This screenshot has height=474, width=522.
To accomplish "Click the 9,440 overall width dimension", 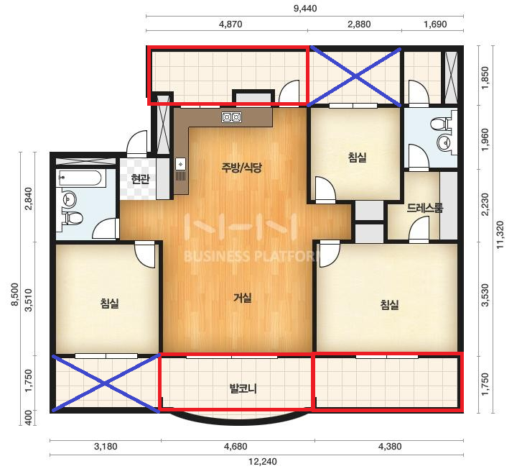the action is pyautogui.click(x=305, y=9).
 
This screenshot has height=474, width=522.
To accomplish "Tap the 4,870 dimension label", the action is pyautogui.click(x=230, y=24).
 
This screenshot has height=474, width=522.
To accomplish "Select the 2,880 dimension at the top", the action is pyautogui.click(x=359, y=24).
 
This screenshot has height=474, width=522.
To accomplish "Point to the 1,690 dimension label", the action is pyautogui.click(x=435, y=24).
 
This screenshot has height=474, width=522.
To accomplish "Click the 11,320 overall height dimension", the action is pyautogui.click(x=500, y=234).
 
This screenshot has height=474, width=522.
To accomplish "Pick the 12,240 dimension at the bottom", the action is pyautogui.click(x=263, y=462).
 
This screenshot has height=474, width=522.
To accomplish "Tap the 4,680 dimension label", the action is pyautogui.click(x=236, y=447).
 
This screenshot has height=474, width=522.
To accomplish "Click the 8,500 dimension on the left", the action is pyautogui.click(x=15, y=294).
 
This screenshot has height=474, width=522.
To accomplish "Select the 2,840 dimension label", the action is pyautogui.click(x=29, y=199).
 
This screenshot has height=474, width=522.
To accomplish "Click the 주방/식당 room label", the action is pyautogui.click(x=242, y=167).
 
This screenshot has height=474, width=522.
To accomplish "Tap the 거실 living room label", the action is pyautogui.click(x=243, y=297).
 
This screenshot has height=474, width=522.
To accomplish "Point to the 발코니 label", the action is pyautogui.click(x=243, y=388).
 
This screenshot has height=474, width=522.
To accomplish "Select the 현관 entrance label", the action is pyautogui.click(x=140, y=179).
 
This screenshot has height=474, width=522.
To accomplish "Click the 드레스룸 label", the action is pyautogui.click(x=425, y=208).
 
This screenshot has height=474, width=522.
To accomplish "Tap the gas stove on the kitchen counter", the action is pyautogui.click(x=232, y=117).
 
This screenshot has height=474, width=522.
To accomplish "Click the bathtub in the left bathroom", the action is pyautogui.click(x=80, y=178).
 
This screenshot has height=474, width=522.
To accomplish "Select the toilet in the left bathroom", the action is pyautogui.click(x=73, y=219).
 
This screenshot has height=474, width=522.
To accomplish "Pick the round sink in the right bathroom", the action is pyautogui.click(x=444, y=143).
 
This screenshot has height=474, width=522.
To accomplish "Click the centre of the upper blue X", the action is pyautogui.click(x=356, y=77).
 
